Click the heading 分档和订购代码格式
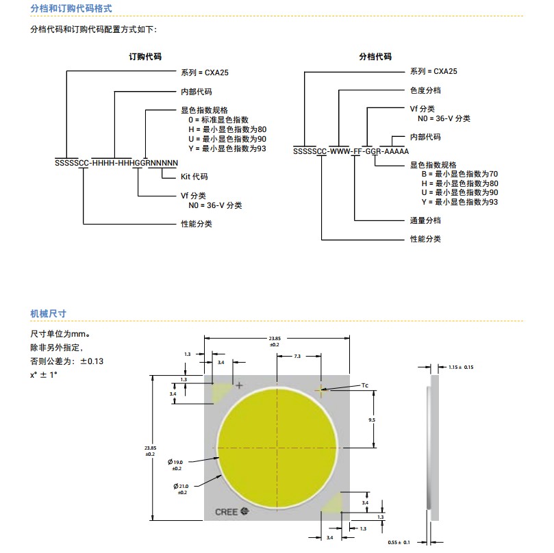pos(71,8)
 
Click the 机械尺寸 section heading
pos(48,313)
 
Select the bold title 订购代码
pos(145,57)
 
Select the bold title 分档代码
pos(375,57)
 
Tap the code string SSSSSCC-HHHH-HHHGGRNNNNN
pos(116,163)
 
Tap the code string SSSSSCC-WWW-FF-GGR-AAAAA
pos(351,151)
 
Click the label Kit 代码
pos(194,177)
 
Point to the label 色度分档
pos(425,90)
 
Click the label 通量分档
pos(425,220)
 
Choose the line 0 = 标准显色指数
pos(218,120)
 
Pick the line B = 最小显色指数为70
pos(459,174)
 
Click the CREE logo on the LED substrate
pos(231,512)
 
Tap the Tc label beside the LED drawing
pos(365,385)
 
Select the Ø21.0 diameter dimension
pos(181,489)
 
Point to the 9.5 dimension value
pos(372,420)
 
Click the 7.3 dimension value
pos(297,357)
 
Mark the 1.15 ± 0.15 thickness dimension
pos(461,368)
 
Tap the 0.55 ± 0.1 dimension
pos(399,543)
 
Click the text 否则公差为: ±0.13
pos(67,361)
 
